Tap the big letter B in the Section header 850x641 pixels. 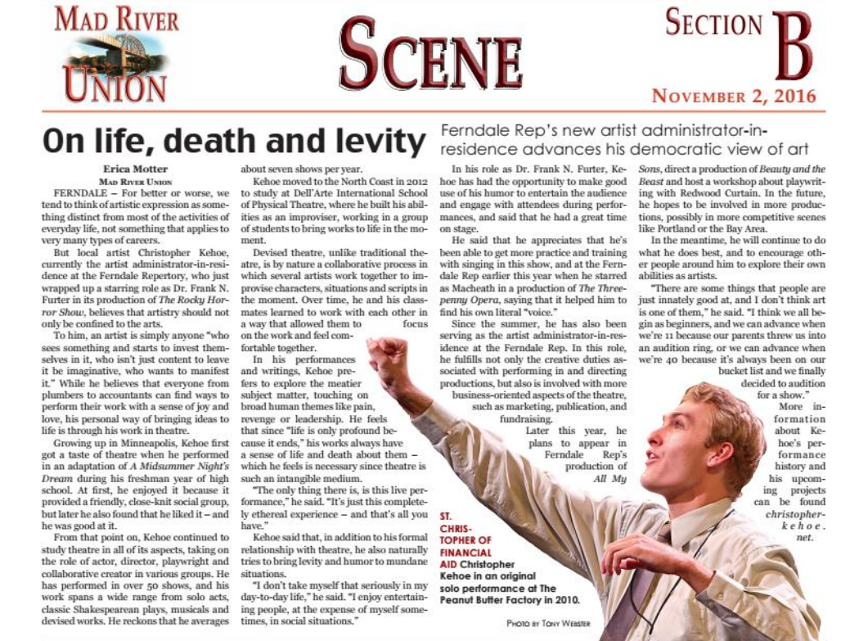point(792,47)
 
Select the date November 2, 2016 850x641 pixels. point(734,96)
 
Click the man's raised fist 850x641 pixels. point(388,354)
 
